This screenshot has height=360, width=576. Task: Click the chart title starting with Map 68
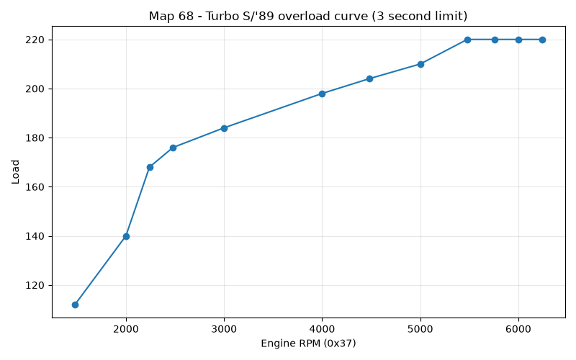pos(308,16)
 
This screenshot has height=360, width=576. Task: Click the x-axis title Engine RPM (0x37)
pos(308,343)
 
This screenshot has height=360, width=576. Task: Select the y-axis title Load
pos(15,172)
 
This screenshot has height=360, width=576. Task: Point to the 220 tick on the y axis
pos(35,40)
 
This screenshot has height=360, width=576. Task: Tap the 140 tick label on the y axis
pos(35,236)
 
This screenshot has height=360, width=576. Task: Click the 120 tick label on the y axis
pos(35,285)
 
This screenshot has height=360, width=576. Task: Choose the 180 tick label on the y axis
pos(35,138)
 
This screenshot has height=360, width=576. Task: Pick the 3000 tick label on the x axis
pos(224,329)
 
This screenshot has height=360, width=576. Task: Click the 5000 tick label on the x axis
pos(420,329)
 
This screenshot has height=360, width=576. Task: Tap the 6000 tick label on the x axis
pos(518,329)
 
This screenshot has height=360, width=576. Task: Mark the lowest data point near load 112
pos(76,305)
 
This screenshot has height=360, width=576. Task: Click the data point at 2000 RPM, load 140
pos(126,236)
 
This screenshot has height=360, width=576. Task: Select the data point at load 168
pos(150,168)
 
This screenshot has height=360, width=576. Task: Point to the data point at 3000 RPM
pos(224,128)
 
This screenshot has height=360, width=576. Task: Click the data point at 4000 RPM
pos(322,94)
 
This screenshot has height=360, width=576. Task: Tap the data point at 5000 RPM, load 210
pos(420,64)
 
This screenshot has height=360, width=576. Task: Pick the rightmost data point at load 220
pos(542,40)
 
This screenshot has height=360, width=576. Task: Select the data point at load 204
pos(369,79)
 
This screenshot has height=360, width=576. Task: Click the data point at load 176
pos(173,148)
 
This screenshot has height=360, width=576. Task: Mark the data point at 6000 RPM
pos(518,40)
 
